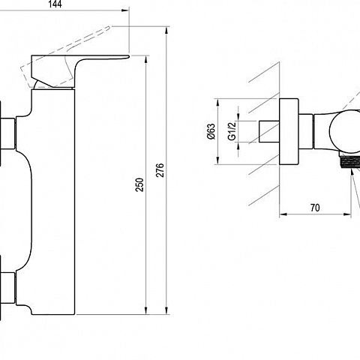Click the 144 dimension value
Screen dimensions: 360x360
click(55, 4)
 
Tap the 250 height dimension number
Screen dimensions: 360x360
click(139, 184)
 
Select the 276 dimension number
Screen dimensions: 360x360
click(160, 170)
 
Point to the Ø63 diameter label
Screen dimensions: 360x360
click(211, 131)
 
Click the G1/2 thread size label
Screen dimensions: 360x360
click(232, 131)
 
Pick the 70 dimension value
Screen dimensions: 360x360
click(315, 208)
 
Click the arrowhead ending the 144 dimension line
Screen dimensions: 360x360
click(125, 10)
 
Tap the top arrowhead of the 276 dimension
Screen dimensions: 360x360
click(166, 31)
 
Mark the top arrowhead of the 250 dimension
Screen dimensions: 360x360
click(146, 60)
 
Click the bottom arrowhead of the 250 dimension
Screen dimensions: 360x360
click(146, 310)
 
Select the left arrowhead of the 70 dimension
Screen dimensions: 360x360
click(283, 214)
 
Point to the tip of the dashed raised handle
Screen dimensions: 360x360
click(109, 27)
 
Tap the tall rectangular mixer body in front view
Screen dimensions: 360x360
click(53, 202)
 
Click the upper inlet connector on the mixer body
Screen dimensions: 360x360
click(7, 133)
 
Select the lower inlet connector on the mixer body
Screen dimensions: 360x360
click(7, 288)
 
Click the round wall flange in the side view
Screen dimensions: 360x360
click(289, 131)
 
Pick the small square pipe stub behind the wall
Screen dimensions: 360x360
click(269, 131)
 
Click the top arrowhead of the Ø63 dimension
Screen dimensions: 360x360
click(218, 103)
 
